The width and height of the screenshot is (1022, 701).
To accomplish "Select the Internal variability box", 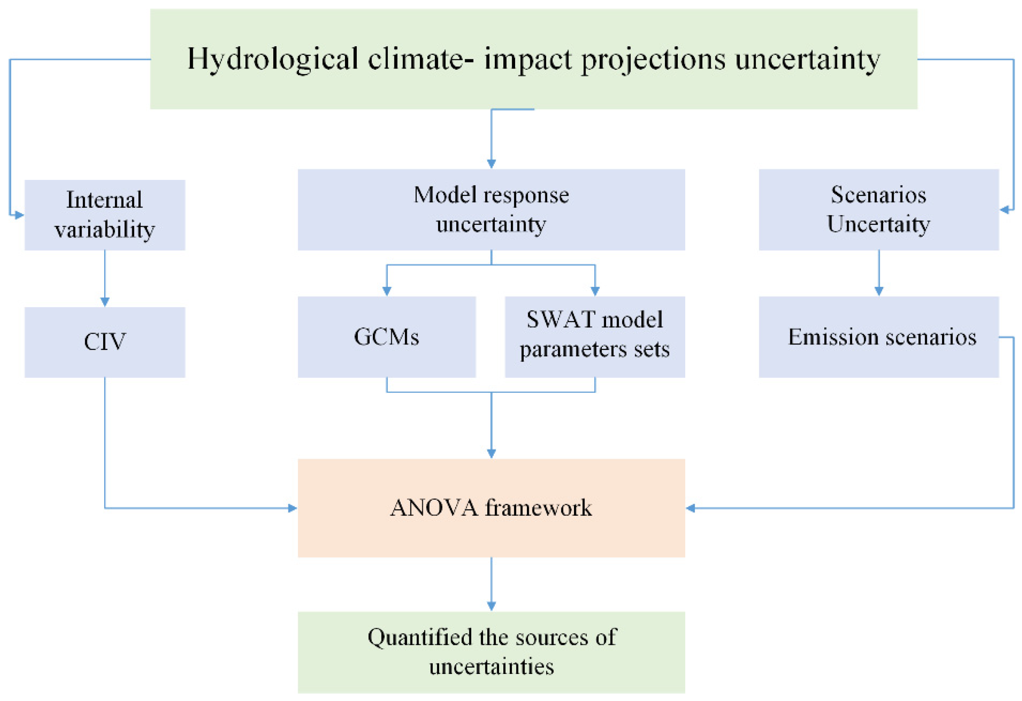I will (105, 215).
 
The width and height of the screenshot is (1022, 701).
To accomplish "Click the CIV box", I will (105, 342).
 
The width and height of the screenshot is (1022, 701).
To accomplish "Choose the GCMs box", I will (386, 337).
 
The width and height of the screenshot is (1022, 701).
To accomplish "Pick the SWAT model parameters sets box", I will (595, 337).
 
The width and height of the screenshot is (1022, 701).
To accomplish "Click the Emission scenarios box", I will (878, 337).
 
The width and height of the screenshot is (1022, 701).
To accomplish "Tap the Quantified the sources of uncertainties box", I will (491, 652).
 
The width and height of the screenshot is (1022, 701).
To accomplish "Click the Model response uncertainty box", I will (491, 210).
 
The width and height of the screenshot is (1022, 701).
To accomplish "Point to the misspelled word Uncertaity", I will (878, 224).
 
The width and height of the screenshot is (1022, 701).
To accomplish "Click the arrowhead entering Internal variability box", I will (19, 215).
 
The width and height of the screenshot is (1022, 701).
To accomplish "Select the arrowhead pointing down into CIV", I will (105, 301).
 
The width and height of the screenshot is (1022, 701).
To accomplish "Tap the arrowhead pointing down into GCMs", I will (387, 291).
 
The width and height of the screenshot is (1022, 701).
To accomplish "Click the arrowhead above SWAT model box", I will (595, 291).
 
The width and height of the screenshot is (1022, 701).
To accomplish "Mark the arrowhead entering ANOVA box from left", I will (292, 508).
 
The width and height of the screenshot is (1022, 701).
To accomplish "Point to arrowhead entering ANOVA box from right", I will (691, 508).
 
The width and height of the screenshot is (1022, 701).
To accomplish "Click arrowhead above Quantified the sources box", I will (491, 606).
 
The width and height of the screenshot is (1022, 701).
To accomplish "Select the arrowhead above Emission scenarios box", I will (879, 291).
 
